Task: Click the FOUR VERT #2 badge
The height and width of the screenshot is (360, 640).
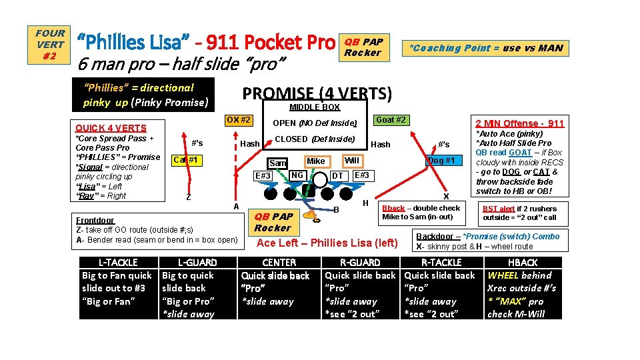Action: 51,45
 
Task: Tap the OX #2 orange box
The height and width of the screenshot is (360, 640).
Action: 238,120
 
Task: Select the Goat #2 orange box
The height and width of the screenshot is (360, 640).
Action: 390,120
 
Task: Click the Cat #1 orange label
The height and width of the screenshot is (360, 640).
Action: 186,160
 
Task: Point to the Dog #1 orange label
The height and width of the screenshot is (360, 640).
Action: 441,160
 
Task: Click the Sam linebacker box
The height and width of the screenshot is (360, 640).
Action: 277,163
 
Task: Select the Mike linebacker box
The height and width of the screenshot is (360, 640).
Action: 316,161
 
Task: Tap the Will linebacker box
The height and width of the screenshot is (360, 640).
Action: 351,161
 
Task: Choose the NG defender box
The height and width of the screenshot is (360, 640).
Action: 297,175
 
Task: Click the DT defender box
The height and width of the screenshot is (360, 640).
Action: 337,176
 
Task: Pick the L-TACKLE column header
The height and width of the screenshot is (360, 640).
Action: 117,263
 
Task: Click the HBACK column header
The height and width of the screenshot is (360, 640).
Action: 523,263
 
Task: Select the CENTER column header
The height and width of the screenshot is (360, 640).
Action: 279,263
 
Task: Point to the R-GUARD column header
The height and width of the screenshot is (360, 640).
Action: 360,263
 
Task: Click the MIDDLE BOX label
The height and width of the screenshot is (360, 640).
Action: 315,107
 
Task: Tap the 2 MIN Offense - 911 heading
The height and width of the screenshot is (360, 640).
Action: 519,123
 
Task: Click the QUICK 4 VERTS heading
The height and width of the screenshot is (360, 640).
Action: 111,128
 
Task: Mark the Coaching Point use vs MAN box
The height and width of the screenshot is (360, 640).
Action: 485,48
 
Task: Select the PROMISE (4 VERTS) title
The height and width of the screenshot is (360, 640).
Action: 317,93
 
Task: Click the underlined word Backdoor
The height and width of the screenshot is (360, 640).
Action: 433,237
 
